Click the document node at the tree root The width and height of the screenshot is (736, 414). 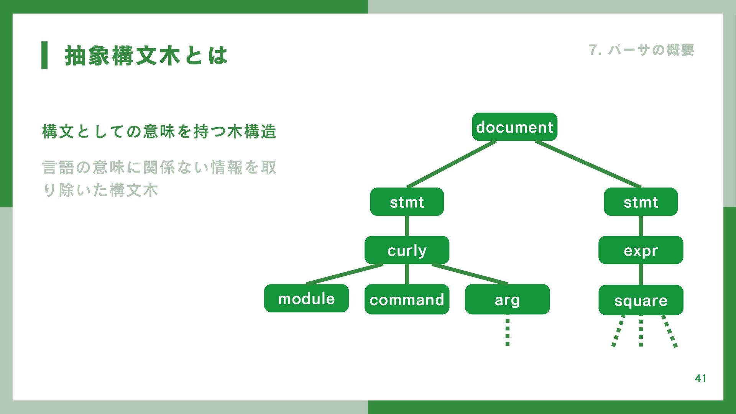point(514,127)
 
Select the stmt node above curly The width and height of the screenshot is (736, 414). point(407,202)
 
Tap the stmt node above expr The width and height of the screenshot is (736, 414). point(641,202)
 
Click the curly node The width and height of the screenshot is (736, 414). point(407,250)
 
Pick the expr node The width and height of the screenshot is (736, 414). point(641,250)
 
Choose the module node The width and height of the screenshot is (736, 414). point(306,299)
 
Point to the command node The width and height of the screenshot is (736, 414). point(407,299)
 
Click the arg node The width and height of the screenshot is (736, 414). point(507,299)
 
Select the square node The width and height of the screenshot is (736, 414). point(641,300)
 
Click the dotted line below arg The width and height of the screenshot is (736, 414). point(507,330)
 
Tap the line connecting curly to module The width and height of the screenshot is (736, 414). point(345,274)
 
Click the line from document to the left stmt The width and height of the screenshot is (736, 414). point(452,164)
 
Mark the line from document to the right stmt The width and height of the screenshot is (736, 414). point(588,164)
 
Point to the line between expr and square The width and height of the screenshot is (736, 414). point(641,274)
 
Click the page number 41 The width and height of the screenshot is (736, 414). point(700,378)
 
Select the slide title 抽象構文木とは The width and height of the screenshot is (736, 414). point(146,56)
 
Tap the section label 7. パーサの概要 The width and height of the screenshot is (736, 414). point(641,50)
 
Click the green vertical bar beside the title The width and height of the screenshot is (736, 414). point(44,55)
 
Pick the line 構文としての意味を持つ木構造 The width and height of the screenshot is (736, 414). point(159,131)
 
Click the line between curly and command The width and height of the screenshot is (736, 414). point(407,274)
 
